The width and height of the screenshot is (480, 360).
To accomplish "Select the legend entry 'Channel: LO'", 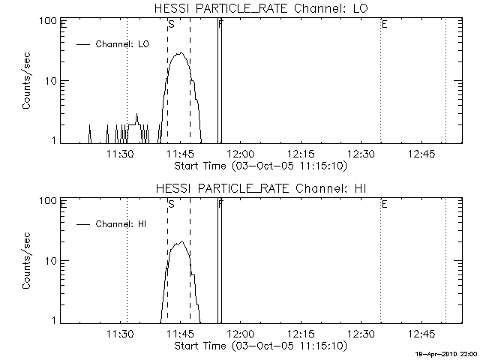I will [123, 44].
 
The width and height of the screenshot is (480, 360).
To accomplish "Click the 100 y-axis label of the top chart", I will [49, 21].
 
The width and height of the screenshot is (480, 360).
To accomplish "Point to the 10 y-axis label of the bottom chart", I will [52, 261].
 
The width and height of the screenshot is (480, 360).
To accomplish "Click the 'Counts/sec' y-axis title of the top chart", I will [26, 81].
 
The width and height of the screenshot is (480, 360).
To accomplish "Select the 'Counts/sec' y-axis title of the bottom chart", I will [26, 261].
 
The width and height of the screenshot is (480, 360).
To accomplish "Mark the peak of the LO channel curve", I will [179, 53].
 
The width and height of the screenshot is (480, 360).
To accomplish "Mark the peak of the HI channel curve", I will [181, 242].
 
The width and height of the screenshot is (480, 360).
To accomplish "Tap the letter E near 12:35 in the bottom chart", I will [384, 204].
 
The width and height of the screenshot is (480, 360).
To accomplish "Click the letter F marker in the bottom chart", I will [220, 204].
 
